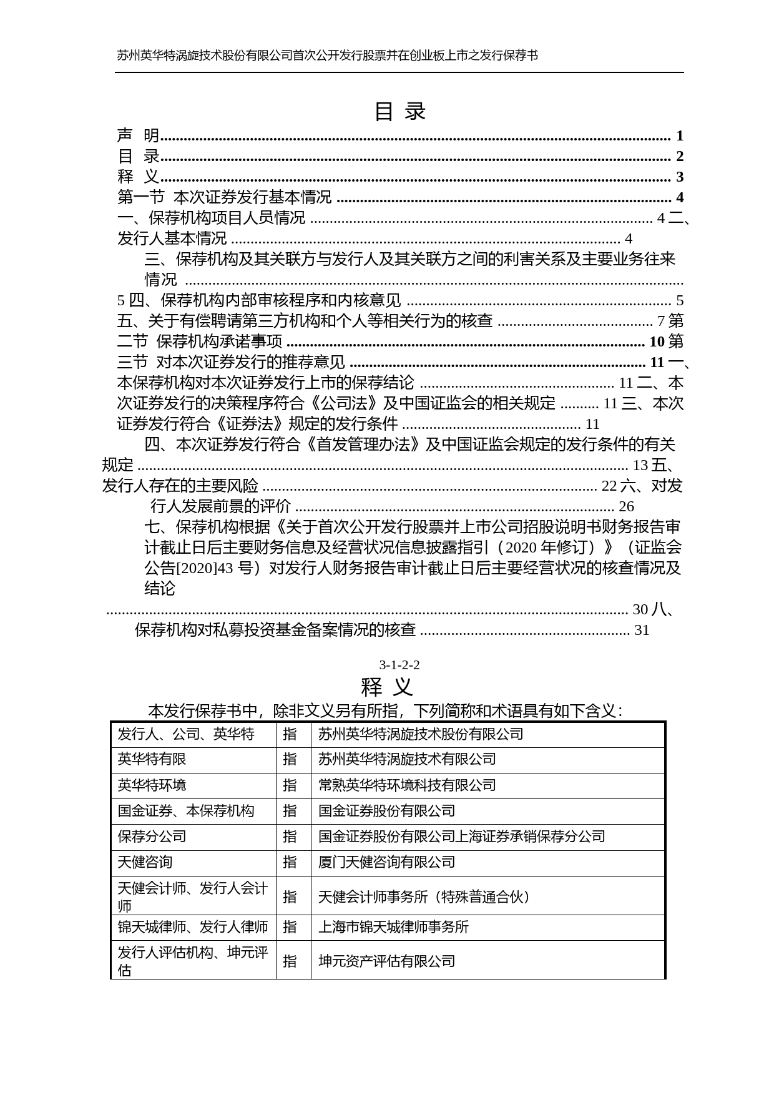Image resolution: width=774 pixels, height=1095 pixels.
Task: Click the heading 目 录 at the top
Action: [x=399, y=112]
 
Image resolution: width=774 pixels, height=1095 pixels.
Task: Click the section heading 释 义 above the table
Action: [x=387, y=687]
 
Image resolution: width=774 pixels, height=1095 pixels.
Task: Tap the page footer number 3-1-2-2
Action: [x=399, y=665]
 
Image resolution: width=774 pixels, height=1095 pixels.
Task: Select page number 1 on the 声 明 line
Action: [x=680, y=135]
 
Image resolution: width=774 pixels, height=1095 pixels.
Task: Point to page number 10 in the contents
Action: [x=657, y=341]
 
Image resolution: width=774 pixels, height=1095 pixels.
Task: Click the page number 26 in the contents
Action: [x=626, y=506]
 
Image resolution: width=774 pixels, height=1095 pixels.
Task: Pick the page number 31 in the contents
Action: [x=642, y=630]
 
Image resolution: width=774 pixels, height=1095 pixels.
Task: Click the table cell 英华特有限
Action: [x=152, y=759]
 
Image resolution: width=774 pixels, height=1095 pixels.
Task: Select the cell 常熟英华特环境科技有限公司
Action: [x=407, y=785]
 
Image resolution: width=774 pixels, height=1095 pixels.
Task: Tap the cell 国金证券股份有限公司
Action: [x=386, y=811]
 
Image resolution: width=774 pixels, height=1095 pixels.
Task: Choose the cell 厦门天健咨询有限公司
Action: [x=386, y=862]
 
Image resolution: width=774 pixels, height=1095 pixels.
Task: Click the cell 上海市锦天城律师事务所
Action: [x=393, y=927]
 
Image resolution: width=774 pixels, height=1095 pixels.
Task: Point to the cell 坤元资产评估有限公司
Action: [x=386, y=961]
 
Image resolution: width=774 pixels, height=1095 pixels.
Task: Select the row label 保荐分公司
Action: [x=152, y=837]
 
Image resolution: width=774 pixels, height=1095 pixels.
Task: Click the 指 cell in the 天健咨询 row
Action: [x=290, y=862]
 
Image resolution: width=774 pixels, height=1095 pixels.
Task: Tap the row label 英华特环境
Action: [x=152, y=785]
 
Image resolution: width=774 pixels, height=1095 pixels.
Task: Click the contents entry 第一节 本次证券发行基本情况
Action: [x=225, y=197]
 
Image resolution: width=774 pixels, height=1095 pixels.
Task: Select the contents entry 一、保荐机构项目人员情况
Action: [x=212, y=218]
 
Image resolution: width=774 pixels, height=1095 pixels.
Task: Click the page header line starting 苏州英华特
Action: [x=327, y=56]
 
